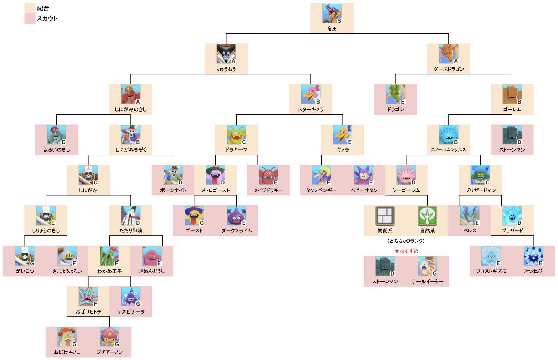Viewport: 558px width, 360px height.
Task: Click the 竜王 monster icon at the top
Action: pyautogui.click(x=331, y=13)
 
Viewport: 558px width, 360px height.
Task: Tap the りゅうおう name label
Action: pyautogui.click(x=226, y=69)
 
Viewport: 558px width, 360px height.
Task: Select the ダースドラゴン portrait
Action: pyautogui.click(x=448, y=54)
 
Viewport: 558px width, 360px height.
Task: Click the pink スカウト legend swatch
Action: pyautogui.click(x=30, y=19)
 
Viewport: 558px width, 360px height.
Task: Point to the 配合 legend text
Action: pyautogui.click(x=43, y=8)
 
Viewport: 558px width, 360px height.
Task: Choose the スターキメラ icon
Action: pyautogui.click(x=310, y=94)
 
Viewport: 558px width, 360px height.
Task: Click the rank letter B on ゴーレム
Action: pyautogui.click(x=519, y=102)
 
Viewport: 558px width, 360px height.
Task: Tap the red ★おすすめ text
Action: pyautogui.click(x=406, y=251)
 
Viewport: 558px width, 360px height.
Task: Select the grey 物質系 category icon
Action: pyautogui.click(x=385, y=216)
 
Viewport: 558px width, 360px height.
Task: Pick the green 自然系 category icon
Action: pyautogui.click(x=427, y=216)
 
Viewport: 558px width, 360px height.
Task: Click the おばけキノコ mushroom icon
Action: pyautogui.click(x=67, y=337)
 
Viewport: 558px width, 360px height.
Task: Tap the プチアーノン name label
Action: pyautogui.click(x=109, y=352)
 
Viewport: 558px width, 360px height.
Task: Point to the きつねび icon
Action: pyautogui.click(x=533, y=256)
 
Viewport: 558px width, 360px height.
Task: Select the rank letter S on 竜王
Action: pyautogui.click(x=339, y=21)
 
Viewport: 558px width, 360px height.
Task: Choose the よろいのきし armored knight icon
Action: pyautogui.click(x=56, y=134)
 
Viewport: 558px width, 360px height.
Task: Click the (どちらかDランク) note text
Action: pyautogui.click(x=406, y=241)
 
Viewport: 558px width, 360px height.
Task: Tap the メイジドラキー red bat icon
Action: pyautogui.click(x=268, y=175)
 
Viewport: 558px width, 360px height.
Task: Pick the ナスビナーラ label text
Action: pyautogui.click(x=131, y=312)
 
